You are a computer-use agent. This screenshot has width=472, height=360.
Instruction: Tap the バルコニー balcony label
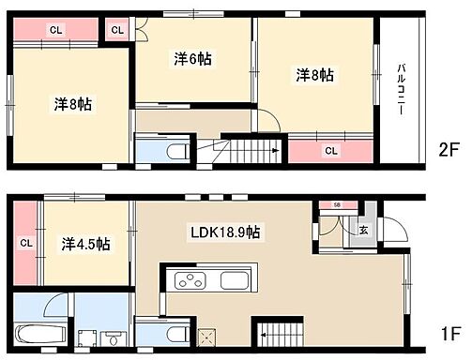pyautogui.click(x=401, y=89)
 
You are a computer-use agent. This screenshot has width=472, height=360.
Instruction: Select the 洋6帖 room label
pyautogui.click(x=192, y=59)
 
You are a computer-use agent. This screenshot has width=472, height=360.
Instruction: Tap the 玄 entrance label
pyautogui.click(x=362, y=229)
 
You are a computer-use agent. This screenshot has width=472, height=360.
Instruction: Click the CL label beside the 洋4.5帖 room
pyautogui.click(x=25, y=244)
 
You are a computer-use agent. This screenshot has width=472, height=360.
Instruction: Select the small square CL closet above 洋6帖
pyautogui.click(x=117, y=30)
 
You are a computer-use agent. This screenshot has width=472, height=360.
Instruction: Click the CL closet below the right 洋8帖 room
pyautogui.click(x=331, y=149)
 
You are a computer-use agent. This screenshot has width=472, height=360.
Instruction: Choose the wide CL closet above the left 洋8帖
pyautogui.click(x=56, y=30)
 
